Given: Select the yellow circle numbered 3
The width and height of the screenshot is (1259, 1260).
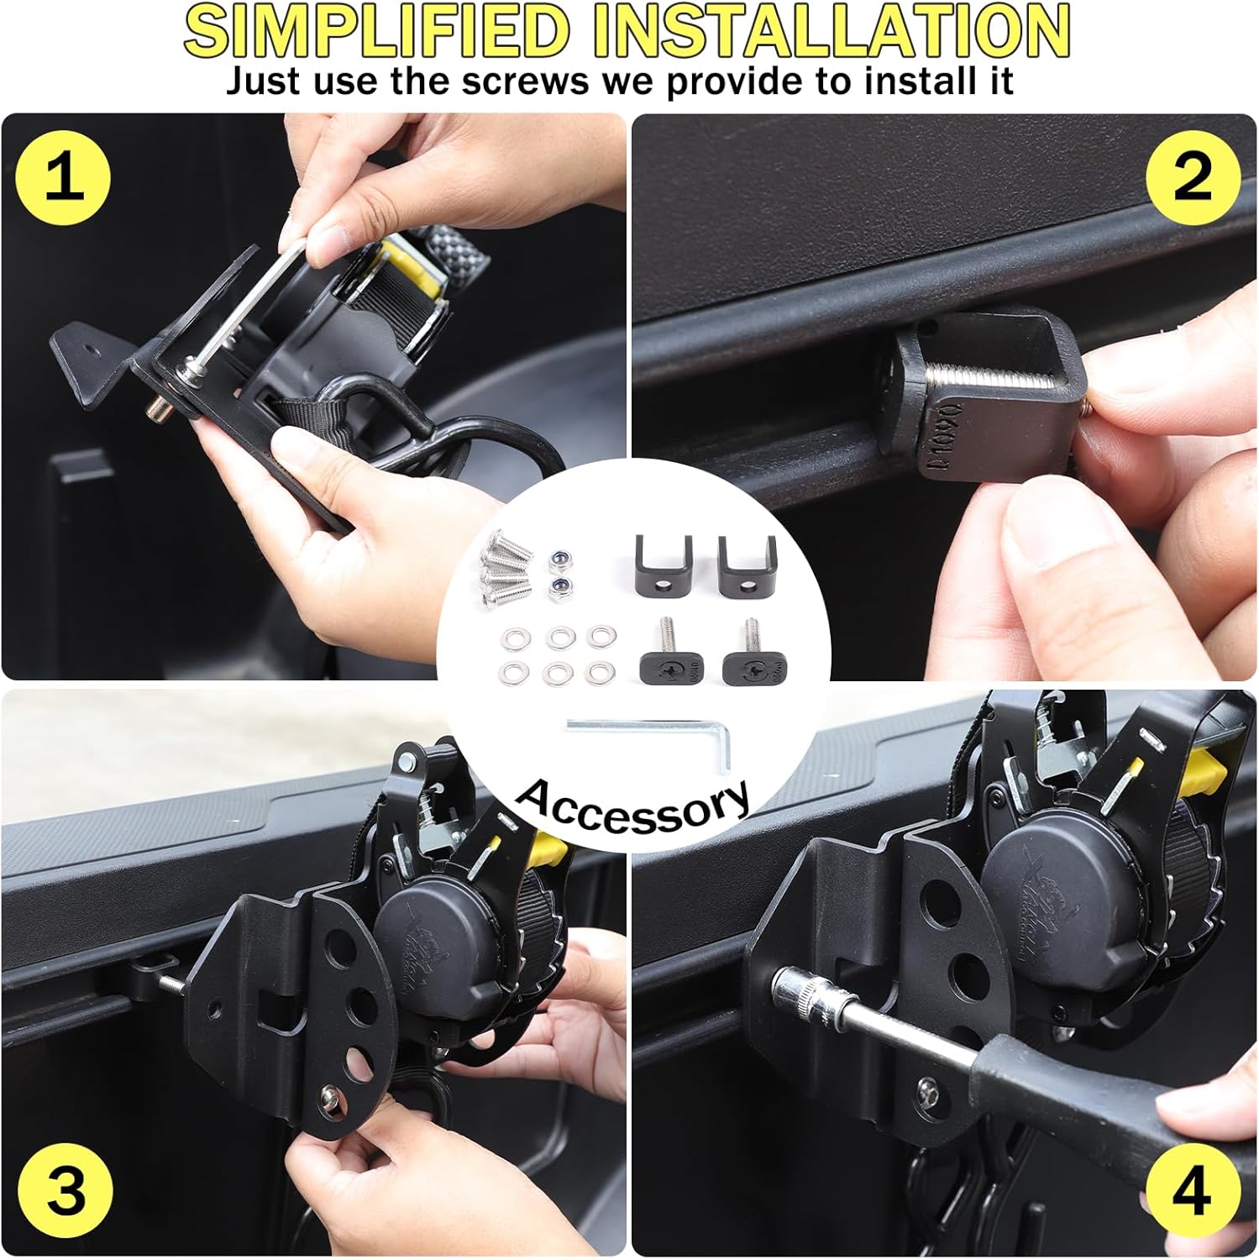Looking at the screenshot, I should coord(67,1190).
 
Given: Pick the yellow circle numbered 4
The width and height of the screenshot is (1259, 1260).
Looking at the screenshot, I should coord(1192,1190).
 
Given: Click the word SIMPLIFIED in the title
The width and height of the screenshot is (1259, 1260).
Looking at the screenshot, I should coord(375,32).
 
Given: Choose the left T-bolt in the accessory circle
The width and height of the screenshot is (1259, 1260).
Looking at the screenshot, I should coord(665,659).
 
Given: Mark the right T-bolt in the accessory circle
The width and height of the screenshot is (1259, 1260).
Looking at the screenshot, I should coord(746,659).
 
